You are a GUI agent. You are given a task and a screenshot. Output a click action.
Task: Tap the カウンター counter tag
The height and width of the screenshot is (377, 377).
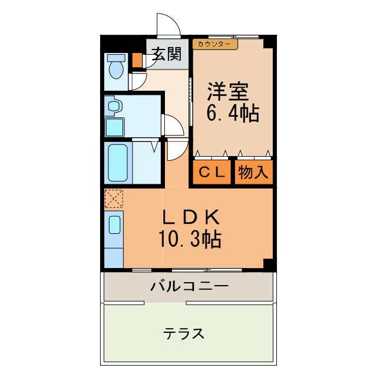click(x=215, y=44)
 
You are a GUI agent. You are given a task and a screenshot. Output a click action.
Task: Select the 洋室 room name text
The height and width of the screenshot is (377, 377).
click(x=227, y=91)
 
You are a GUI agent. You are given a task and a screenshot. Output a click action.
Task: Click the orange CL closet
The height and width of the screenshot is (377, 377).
click(x=211, y=173)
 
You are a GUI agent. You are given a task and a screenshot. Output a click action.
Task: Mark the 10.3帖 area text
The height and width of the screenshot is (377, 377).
click(x=189, y=239)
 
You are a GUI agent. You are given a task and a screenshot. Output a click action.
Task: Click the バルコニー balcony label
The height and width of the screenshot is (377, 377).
click(x=188, y=287)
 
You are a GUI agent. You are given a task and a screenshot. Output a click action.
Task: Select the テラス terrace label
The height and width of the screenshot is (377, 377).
click(x=184, y=334)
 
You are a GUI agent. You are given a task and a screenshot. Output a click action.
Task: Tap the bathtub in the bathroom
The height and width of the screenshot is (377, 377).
click(x=117, y=162)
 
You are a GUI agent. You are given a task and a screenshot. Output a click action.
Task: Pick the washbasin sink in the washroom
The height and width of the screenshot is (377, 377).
click(x=114, y=107)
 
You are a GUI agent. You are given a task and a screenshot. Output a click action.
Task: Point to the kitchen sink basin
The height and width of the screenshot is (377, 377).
click(x=114, y=224)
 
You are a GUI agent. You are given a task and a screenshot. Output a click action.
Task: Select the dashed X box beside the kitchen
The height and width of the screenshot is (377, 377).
click(x=113, y=199)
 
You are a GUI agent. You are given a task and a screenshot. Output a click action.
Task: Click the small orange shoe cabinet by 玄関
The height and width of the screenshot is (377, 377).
click(x=137, y=60)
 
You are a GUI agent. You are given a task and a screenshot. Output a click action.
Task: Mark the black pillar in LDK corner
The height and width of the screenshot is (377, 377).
click(x=269, y=264)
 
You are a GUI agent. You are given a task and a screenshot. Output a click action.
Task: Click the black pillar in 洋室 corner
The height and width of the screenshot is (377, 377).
click(x=269, y=42)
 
